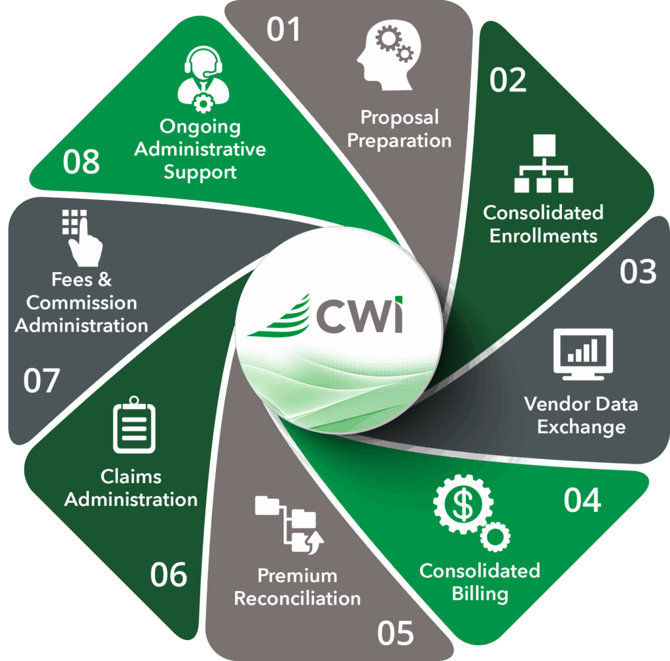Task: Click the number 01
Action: tap(283, 30)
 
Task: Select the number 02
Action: tap(508, 80)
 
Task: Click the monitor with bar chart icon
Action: tap(582, 354)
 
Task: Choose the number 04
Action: tap(582, 500)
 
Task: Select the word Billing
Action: tap(480, 594)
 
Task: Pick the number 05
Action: tap(395, 632)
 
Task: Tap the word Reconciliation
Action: tap(297, 598)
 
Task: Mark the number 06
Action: tap(169, 575)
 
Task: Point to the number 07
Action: tap(41, 381)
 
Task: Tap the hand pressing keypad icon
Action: tap(82, 238)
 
